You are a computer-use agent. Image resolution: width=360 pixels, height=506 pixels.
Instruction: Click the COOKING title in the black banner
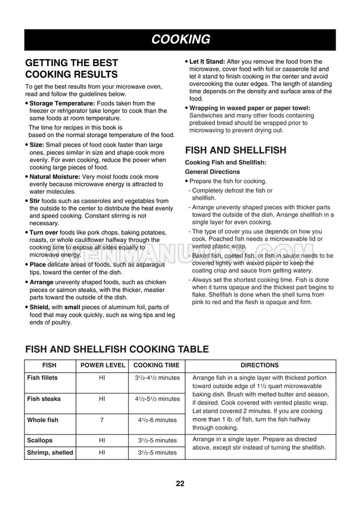tap(181, 39)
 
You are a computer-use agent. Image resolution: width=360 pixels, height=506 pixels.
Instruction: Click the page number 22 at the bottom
tap(181, 484)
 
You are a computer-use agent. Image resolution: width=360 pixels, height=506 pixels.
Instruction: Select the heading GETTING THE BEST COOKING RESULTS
tap(72, 68)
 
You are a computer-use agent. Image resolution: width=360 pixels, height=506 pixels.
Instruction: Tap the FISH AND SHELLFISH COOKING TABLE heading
tap(117, 349)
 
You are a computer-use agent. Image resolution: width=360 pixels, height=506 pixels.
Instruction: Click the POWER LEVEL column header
tap(102, 366)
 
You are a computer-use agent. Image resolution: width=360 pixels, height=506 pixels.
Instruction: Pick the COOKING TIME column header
tap(156, 366)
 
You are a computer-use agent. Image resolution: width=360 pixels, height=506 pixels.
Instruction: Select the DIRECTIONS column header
tap(259, 366)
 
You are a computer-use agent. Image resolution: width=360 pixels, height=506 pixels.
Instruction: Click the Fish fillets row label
tap(42, 378)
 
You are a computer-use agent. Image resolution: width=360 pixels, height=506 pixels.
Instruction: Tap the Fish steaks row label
tap(44, 399)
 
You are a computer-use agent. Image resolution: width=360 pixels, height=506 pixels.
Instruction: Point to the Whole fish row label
tap(42, 420)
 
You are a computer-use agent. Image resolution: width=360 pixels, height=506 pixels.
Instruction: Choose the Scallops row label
tap(39, 440)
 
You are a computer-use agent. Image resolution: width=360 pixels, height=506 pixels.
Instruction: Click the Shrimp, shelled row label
tap(50, 452)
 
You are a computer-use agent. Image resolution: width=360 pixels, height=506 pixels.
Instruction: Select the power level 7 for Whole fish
tap(102, 420)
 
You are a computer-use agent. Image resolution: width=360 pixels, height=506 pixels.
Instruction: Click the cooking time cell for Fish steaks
tap(157, 399)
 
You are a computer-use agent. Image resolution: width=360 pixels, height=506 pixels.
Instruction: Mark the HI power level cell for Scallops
tap(102, 440)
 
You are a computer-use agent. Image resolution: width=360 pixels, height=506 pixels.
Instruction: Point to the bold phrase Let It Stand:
tap(207, 62)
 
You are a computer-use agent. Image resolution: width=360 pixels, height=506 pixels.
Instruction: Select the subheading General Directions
tap(212, 172)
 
